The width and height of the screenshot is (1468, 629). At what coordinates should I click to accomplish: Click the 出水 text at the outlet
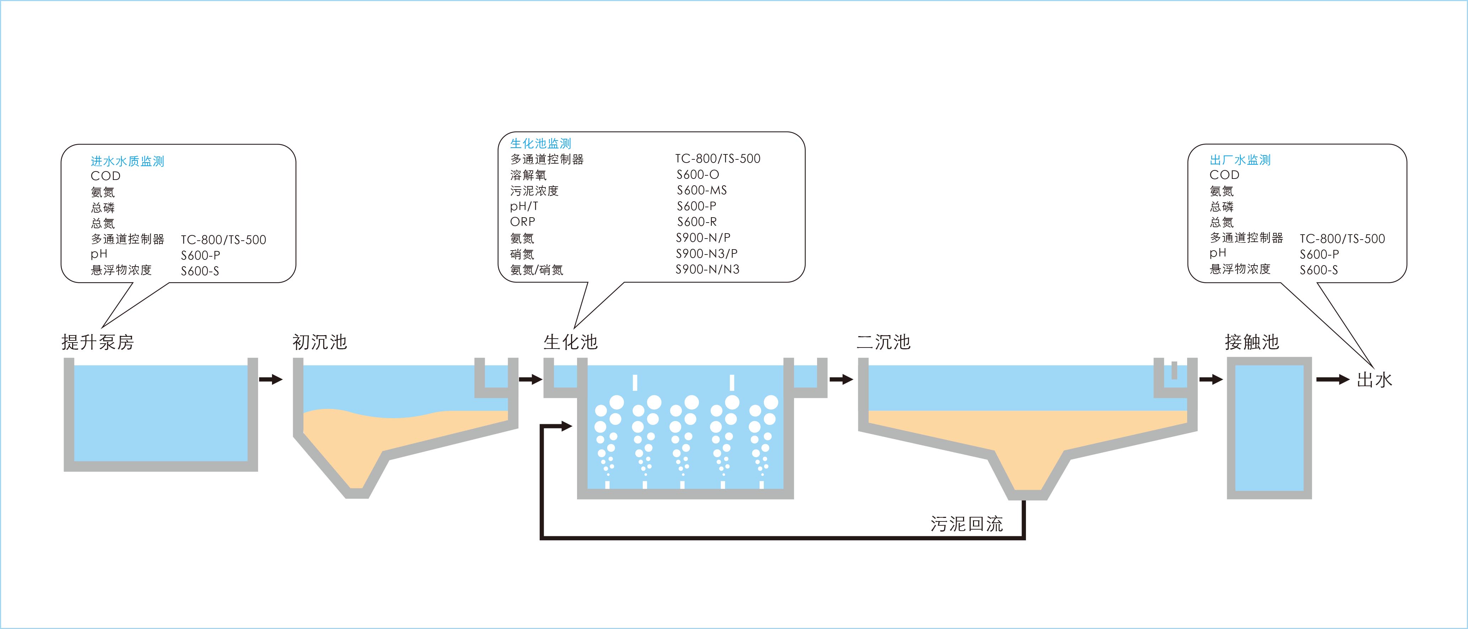1375,380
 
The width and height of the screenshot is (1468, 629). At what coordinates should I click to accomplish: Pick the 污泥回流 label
967,524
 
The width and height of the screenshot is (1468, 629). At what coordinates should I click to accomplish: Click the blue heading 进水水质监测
127,161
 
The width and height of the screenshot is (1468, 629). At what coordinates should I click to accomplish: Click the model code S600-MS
702,190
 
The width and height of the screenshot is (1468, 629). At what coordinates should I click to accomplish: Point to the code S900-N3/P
707,253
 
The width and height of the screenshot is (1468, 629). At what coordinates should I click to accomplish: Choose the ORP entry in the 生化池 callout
523,221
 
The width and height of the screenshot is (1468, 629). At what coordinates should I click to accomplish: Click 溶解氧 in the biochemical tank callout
528,175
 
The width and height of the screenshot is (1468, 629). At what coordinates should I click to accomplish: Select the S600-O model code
697,174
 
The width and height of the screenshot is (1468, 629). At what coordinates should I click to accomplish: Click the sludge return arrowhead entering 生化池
566,426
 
